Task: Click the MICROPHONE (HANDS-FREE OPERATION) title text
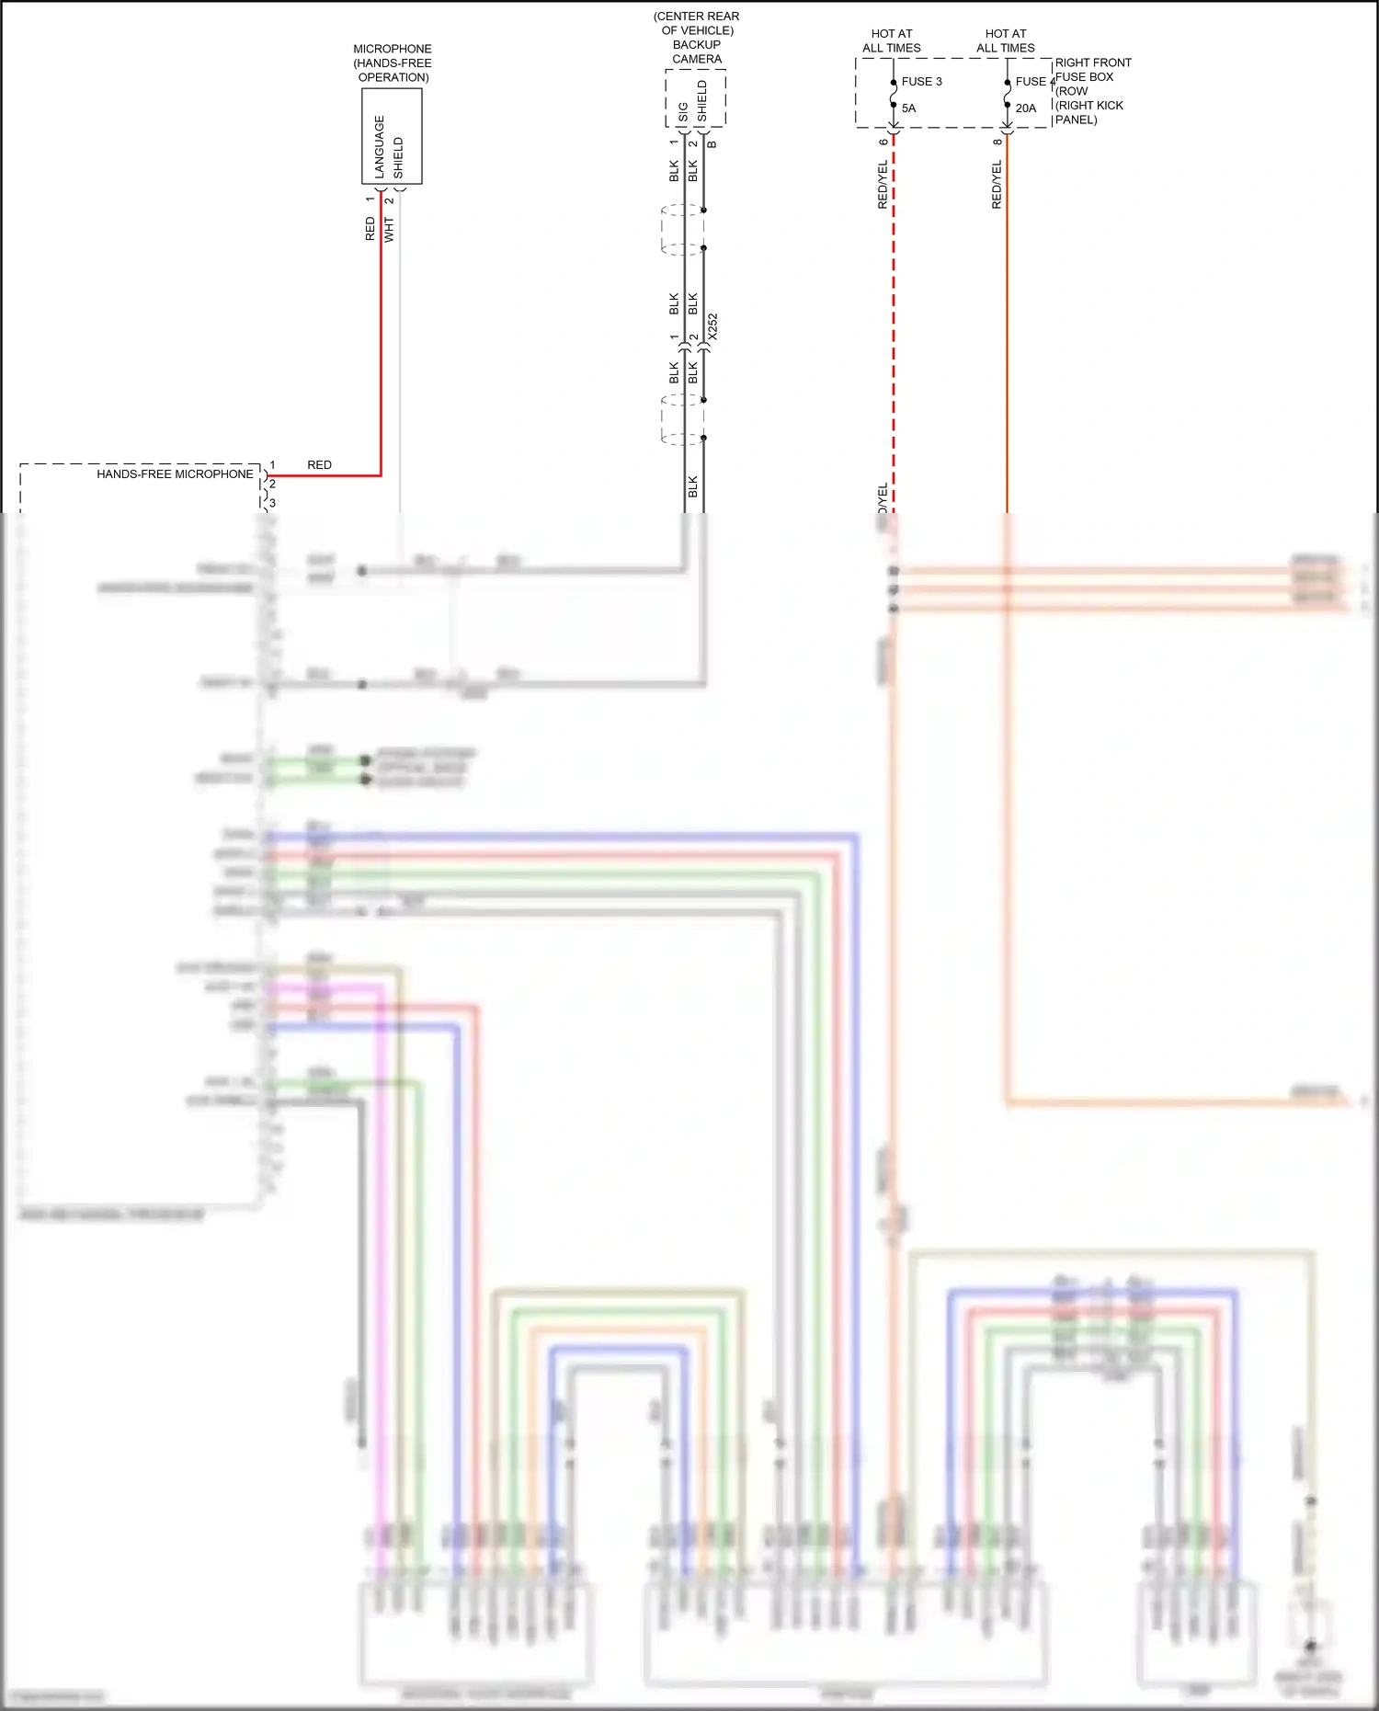coord(393,63)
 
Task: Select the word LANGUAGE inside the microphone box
coord(380,146)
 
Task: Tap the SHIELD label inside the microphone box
coord(398,157)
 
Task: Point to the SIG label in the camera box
coord(683,112)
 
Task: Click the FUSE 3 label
coord(921,82)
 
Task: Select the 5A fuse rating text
coord(908,108)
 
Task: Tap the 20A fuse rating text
coord(1025,108)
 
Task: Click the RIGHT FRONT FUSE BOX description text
coord(1092,91)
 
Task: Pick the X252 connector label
coord(712,327)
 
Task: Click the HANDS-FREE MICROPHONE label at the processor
coord(175,474)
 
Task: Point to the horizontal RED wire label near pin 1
coord(319,465)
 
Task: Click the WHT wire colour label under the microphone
coord(389,230)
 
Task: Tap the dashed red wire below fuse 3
coord(894,322)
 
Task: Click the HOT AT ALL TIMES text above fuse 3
coord(892,41)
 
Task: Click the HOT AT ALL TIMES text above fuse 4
coord(1005,41)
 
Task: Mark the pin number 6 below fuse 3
coord(883,142)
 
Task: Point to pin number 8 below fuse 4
coord(997,142)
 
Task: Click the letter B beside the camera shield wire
coord(712,144)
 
